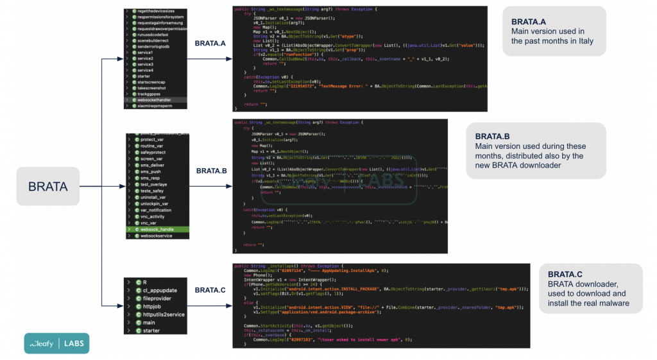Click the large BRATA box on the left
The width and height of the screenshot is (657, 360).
point(47,187)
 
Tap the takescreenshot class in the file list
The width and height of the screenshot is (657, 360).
point(151,88)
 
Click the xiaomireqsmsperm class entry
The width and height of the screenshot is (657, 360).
point(154,105)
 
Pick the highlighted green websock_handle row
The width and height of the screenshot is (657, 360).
point(157,229)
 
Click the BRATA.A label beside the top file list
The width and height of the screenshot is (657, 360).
point(210,44)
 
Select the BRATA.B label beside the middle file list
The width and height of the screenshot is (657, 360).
point(212,171)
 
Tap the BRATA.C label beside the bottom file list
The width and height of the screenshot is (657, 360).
point(210,290)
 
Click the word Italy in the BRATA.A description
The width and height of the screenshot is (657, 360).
point(581,41)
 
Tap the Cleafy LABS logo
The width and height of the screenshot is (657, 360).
point(56,343)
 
